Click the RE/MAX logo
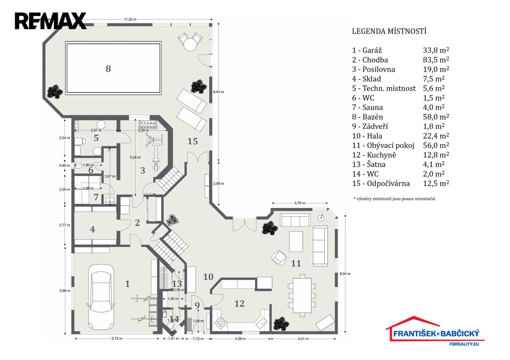pyautogui.click(x=50, y=21)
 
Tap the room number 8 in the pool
pyautogui.click(x=108, y=69)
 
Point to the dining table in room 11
pyautogui.click(x=302, y=294)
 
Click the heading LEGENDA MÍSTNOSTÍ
pyautogui.click(x=389, y=31)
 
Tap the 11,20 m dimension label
pyautogui.click(x=130, y=19)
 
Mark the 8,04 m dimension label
pyautogui.click(x=345, y=273)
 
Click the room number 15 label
pyautogui.click(x=193, y=141)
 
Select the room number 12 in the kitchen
pyautogui.click(x=240, y=303)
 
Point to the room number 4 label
pyautogui.click(x=93, y=230)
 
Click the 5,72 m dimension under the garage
pyautogui.click(x=118, y=339)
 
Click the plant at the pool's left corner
pyautogui.click(x=54, y=91)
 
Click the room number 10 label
pyautogui.click(x=209, y=276)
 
